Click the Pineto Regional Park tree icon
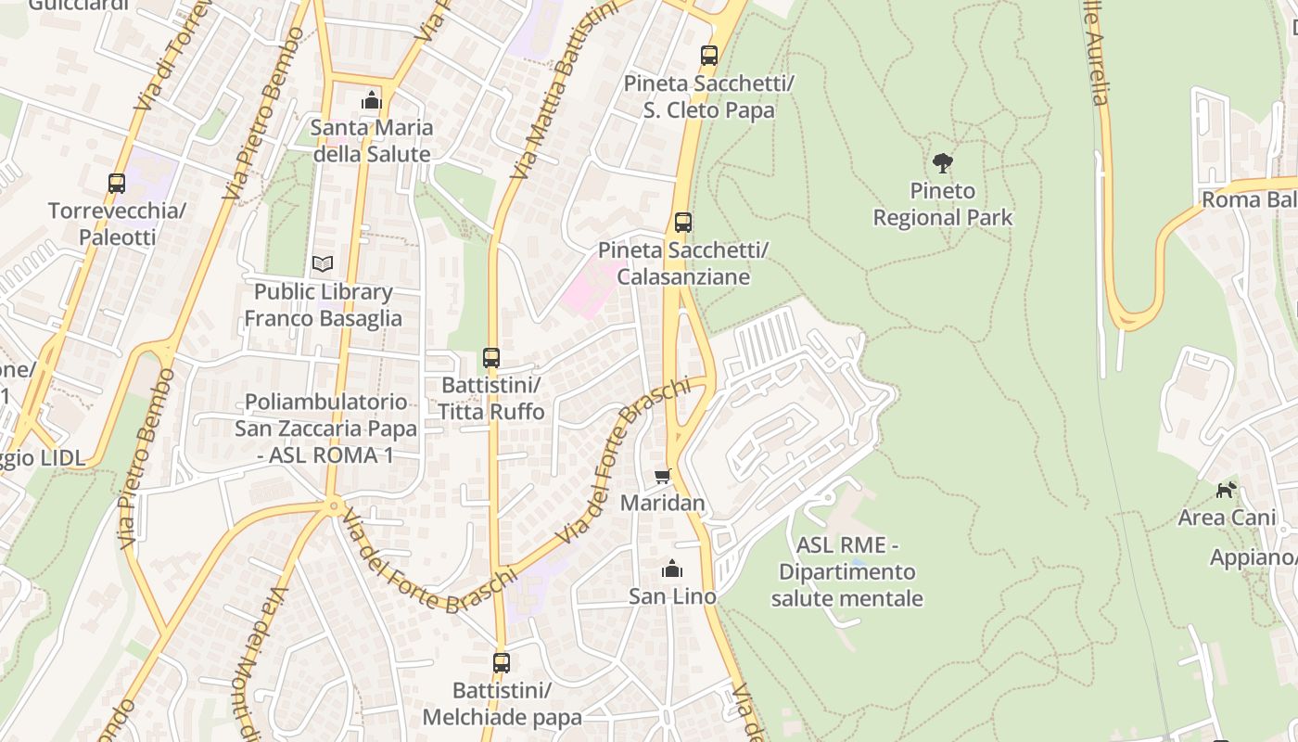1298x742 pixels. [x=942, y=163]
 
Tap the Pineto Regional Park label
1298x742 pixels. [x=942, y=204]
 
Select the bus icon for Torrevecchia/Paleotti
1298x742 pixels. [x=117, y=184]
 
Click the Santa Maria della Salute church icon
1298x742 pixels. [x=372, y=100]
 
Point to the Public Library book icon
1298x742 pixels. [x=323, y=264]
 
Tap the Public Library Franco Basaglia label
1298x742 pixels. [x=323, y=305]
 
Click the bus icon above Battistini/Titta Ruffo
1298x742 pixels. [x=491, y=358]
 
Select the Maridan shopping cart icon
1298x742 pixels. [x=662, y=476]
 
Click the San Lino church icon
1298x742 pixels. [x=672, y=569]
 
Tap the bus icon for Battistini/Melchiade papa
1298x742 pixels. [x=502, y=663]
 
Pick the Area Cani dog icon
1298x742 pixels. [x=1227, y=490]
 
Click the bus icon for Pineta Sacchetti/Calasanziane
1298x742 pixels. [x=683, y=223]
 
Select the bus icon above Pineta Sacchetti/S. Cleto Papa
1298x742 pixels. [x=709, y=56]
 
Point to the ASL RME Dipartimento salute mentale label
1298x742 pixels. [x=846, y=571]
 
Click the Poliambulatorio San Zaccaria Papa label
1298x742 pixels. [x=325, y=429]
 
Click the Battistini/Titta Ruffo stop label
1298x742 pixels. [x=490, y=398]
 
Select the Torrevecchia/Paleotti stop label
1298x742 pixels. [x=117, y=224]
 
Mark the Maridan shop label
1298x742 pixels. [x=662, y=503]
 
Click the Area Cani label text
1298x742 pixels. [x=1227, y=518]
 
